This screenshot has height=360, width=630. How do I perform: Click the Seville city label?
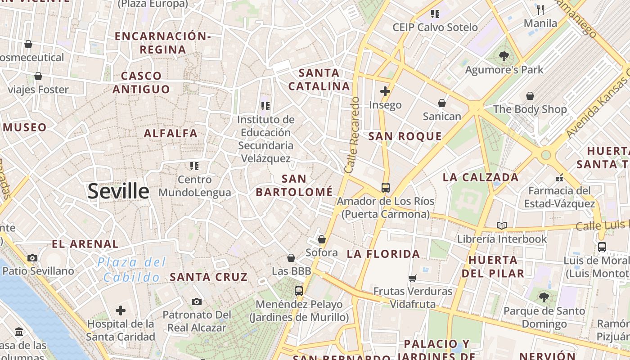pos(118,191)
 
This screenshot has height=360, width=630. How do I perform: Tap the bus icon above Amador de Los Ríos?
pos(385,188)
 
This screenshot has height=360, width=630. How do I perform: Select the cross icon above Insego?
pos(385,92)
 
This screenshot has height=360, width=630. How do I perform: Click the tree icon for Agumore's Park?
pos(504,57)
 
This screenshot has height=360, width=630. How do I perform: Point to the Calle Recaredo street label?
pos(352,135)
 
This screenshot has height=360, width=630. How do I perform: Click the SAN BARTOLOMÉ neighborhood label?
pos(294,185)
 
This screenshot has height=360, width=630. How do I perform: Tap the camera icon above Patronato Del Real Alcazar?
pos(196,301)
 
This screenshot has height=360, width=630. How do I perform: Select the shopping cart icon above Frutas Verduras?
pos(412,278)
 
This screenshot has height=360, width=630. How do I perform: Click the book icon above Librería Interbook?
pos(502,225)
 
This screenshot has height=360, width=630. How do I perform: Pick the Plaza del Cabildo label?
pos(132,270)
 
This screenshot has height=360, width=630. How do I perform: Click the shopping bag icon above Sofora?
pos(322,239)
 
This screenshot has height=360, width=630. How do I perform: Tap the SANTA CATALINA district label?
pos(319,79)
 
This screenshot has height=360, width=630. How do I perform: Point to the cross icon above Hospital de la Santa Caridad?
pos(121,310)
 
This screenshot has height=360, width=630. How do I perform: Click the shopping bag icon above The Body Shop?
pos(530,96)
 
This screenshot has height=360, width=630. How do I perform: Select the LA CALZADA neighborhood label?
pos(481,177)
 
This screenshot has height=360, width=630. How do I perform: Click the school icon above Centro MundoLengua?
pos(194,166)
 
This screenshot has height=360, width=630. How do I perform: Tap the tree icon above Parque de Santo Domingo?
pos(544,297)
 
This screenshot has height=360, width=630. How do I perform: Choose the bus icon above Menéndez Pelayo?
pos(299,291)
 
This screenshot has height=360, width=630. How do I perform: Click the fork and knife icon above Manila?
pos(540,9)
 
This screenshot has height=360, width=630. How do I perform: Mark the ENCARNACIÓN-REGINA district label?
pos(162,43)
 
